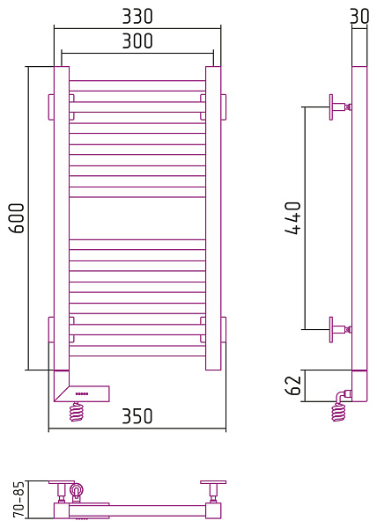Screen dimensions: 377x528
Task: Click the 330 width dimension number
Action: tap(137, 16)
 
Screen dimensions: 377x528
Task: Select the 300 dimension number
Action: tap(137, 40)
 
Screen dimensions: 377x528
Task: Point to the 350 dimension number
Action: tap(137, 416)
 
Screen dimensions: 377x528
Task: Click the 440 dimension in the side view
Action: tap(292, 218)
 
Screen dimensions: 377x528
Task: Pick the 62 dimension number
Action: tap(292, 385)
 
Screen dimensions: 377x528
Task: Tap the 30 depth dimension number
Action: tap(359, 16)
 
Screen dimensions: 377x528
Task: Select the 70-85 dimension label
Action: tap(18, 499)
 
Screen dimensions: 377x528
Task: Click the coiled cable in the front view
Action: tap(77, 412)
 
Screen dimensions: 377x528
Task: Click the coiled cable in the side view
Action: tap(338, 412)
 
